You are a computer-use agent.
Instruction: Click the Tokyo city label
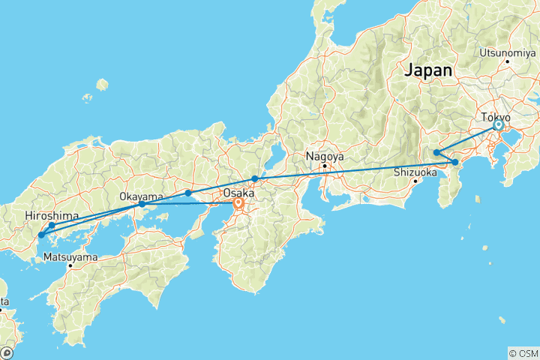pyautogui.click(x=496, y=118)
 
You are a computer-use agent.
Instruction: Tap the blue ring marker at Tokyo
pyautogui.click(x=498, y=126)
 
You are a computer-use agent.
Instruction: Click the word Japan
pyautogui.click(x=428, y=70)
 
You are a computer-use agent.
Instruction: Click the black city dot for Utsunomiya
pyautogui.click(x=508, y=60)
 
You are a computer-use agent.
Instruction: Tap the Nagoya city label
pyautogui.click(x=324, y=157)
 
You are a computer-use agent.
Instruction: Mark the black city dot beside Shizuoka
pyautogui.click(x=415, y=181)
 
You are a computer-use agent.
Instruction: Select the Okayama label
pyautogui.click(x=141, y=196)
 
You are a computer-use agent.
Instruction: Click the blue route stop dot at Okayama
pyautogui.click(x=142, y=204)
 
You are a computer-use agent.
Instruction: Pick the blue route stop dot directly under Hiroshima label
pyautogui.click(x=52, y=225)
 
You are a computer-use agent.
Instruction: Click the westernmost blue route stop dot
pyautogui.click(x=41, y=235)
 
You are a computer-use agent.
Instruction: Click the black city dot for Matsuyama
pyautogui.click(x=70, y=265)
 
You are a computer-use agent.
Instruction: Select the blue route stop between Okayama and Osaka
pyautogui.click(x=188, y=193)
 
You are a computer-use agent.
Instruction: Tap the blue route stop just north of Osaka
pyautogui.click(x=255, y=178)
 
